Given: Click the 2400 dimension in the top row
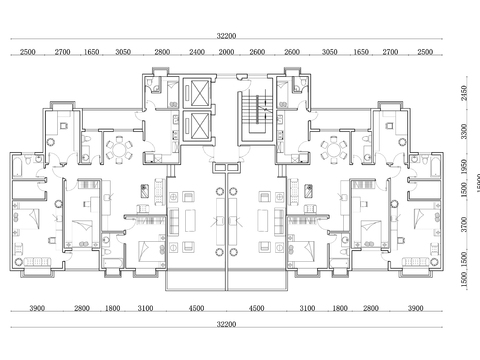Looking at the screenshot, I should [197, 50].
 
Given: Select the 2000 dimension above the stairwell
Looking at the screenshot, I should [227, 50].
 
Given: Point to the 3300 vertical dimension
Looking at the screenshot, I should [462, 131].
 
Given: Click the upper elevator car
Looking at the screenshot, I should [199, 92].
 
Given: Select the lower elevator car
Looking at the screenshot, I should [199, 127].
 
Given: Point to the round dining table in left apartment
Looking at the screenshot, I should [121, 149].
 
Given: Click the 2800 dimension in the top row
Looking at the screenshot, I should [162, 50].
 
